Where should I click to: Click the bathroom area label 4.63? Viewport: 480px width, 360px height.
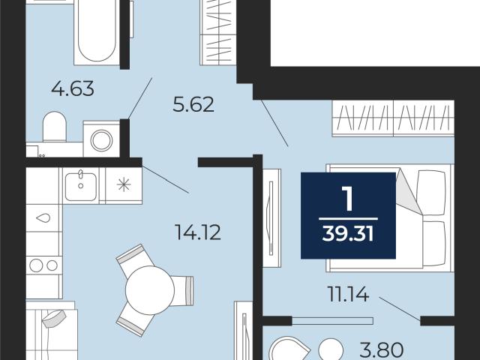[73, 88]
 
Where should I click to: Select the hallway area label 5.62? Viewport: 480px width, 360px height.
[193, 104]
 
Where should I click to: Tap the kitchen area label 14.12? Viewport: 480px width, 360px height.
[198, 232]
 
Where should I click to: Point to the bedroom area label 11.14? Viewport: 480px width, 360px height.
[348, 294]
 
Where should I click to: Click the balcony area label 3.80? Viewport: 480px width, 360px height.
[382, 349]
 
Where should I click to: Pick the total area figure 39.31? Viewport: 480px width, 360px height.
[348, 235]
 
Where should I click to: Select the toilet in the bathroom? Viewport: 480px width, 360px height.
[55, 127]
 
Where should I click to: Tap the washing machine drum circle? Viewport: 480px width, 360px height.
[102, 140]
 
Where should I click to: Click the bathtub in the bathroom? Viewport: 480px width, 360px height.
[97, 32]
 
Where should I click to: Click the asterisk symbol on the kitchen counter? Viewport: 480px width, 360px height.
[124, 185]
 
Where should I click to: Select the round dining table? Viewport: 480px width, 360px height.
[150, 290]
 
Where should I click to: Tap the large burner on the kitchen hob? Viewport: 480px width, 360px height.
[36, 265]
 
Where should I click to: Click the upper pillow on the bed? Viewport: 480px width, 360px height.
[431, 193]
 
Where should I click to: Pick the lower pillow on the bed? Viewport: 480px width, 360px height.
[433, 243]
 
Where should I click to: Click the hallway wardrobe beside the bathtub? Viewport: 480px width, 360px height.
[218, 32]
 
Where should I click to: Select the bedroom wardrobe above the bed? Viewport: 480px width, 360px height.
[393, 118]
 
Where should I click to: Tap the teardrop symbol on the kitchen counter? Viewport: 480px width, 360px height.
[43, 218]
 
